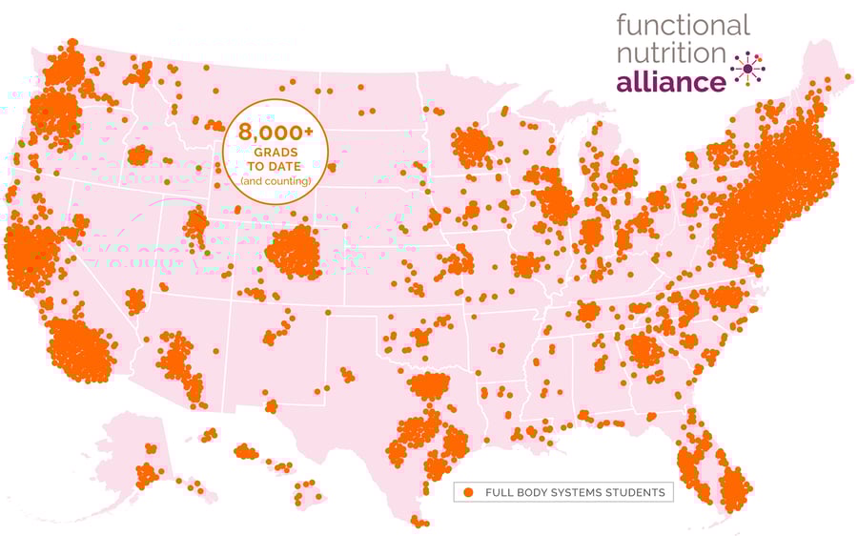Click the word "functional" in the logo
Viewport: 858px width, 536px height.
(683, 25)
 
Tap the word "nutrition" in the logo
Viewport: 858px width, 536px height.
(670, 53)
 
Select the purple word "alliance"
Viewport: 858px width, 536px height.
(670, 82)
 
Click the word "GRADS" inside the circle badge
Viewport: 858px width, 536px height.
(275, 153)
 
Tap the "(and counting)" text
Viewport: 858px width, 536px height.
(275, 180)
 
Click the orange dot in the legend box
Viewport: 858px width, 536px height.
(468, 492)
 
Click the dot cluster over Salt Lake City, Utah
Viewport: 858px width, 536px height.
(195, 225)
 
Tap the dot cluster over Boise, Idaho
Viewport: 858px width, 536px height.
(139, 155)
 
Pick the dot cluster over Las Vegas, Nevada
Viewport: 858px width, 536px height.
(134, 301)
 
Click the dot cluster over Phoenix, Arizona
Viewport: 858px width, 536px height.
(175, 360)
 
